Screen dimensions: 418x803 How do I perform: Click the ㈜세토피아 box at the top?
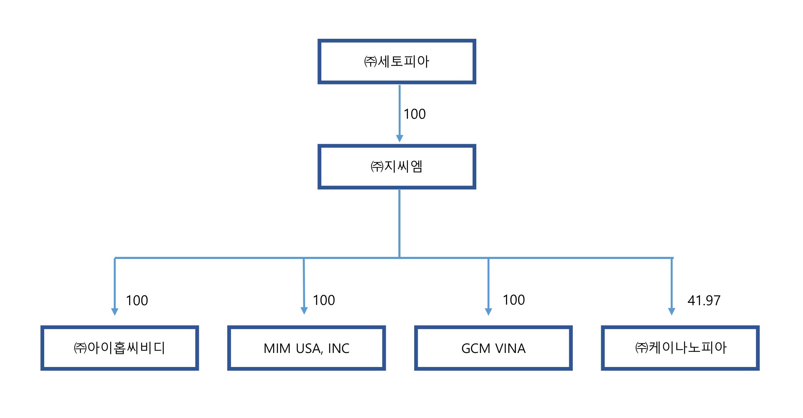[397, 61]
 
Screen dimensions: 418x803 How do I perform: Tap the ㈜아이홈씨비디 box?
[119, 348]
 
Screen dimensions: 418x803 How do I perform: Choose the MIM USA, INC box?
[306, 348]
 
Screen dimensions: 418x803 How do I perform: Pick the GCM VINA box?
[493, 348]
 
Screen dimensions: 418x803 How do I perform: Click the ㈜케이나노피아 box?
[680, 348]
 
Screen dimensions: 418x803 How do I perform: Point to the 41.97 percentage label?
[704, 300]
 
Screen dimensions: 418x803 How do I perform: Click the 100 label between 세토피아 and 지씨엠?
[414, 114]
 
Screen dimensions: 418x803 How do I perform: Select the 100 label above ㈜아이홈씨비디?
[136, 300]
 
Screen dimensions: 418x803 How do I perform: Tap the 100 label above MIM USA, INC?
[324, 300]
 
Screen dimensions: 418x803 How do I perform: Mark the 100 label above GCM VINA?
[514, 300]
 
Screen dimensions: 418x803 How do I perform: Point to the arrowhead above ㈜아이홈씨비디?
[115, 311]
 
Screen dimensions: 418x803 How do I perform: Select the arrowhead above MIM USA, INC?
[304, 311]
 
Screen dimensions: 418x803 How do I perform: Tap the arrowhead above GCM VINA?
[489, 311]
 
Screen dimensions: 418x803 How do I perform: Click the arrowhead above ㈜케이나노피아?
[671, 311]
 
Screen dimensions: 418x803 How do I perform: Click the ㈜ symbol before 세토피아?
[370, 61]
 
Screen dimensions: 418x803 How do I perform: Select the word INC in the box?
[339, 348]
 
